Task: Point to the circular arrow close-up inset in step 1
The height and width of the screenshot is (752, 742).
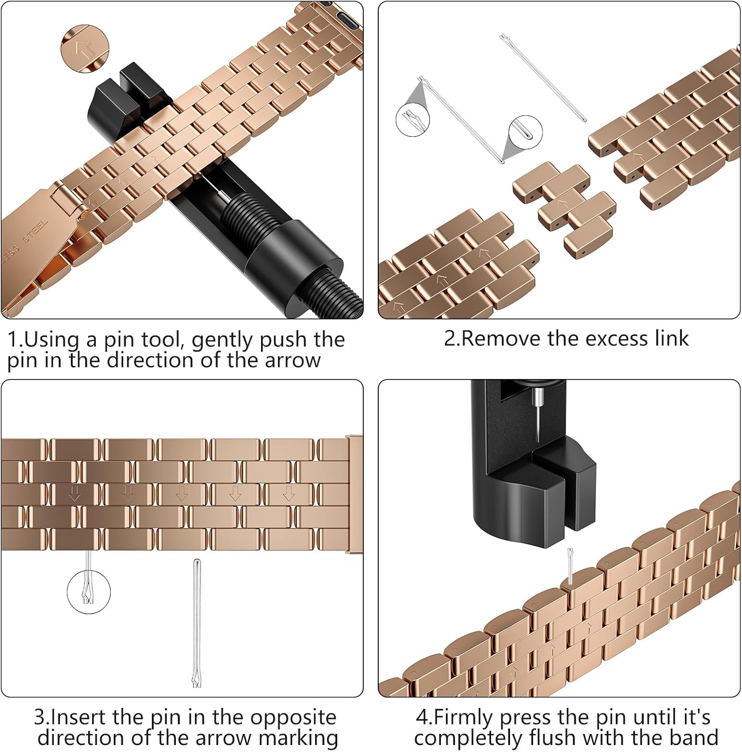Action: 85,49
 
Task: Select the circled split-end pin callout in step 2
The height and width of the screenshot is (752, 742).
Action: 413,119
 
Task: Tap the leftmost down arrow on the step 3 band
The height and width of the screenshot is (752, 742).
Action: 75,493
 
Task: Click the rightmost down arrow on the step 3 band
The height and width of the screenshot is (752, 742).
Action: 288,493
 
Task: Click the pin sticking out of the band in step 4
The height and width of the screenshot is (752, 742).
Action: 570,566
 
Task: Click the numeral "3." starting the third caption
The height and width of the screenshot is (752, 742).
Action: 42,717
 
